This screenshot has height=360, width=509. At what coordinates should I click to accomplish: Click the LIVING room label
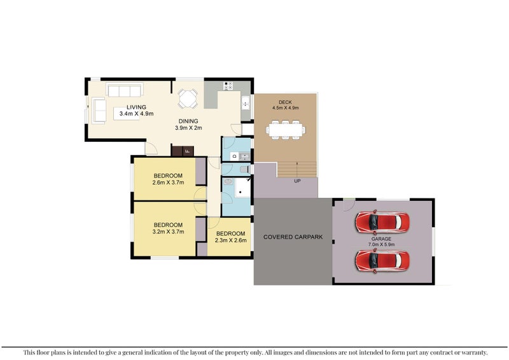[136, 107]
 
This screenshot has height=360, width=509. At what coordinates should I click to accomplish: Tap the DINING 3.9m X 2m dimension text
[188, 125]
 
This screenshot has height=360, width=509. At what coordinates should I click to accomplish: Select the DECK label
[286, 102]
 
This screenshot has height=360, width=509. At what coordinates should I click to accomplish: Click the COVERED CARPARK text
[293, 237]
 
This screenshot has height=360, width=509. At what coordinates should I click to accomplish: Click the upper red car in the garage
[382, 222]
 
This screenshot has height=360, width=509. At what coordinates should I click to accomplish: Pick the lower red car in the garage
[382, 260]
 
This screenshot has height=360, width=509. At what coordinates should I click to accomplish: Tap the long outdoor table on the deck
[286, 130]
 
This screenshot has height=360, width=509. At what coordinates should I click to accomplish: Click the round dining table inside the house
[188, 98]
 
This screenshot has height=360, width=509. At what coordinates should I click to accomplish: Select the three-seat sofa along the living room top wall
[125, 90]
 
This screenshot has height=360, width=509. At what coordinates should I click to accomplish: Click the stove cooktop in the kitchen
[228, 86]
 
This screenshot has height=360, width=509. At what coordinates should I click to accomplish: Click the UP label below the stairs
[297, 181]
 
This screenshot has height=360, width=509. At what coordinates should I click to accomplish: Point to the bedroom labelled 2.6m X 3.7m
[168, 179]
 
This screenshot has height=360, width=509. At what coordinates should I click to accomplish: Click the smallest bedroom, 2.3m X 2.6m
[230, 237]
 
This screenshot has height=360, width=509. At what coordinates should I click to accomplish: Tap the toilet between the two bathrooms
[244, 169]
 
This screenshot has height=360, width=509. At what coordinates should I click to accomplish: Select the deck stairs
[297, 169]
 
